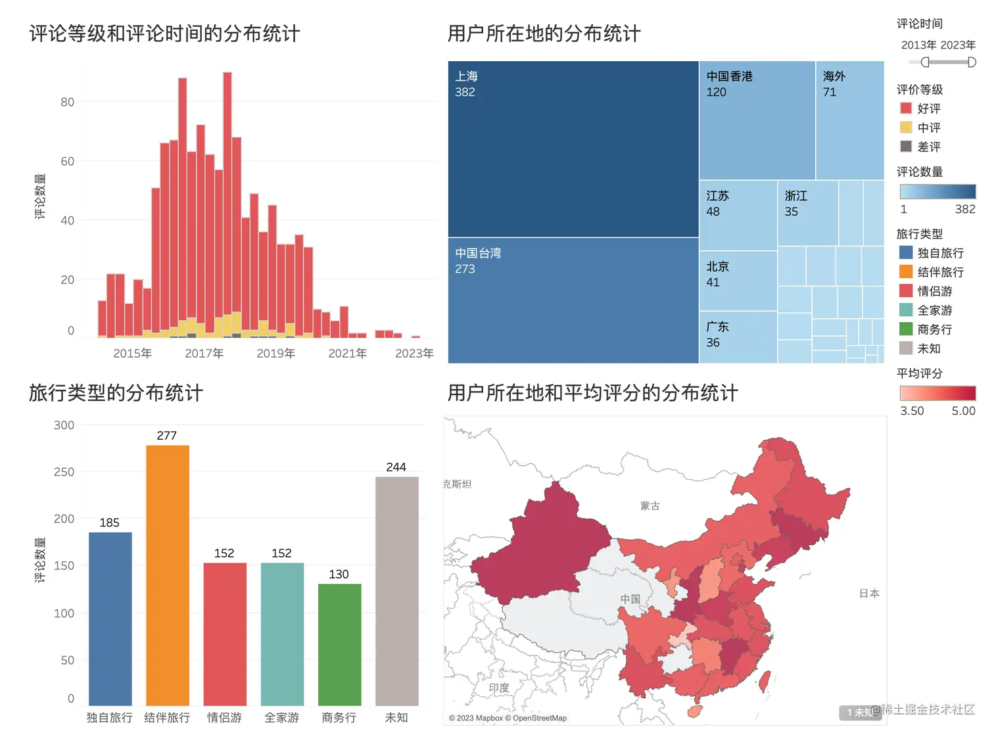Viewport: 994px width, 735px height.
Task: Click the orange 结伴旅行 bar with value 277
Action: [168, 575]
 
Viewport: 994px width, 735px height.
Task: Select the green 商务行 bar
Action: [339, 644]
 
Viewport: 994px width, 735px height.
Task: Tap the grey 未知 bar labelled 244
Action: [396, 591]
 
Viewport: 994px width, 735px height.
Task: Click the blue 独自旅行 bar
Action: [110, 619]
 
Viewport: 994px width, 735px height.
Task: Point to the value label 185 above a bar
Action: [109, 523]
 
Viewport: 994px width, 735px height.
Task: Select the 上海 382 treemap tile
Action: [573, 149]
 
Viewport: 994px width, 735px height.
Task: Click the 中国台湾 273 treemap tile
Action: [573, 300]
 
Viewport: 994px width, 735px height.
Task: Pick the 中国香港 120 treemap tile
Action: [757, 120]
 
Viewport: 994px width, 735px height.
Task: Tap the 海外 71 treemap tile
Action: [849, 120]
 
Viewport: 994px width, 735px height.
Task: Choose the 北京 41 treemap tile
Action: [738, 281]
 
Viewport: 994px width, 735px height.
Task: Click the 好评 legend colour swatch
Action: [906, 108]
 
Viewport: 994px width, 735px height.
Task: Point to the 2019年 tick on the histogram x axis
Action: [275, 354]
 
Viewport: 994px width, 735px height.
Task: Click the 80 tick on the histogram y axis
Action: [67, 102]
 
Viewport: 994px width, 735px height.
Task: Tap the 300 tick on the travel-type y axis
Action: [64, 425]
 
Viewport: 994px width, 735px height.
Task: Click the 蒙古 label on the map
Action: [650, 506]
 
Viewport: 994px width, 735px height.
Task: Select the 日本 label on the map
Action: [869, 593]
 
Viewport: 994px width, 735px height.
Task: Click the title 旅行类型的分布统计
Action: [116, 393]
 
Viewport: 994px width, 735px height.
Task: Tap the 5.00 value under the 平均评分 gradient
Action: [963, 411]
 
